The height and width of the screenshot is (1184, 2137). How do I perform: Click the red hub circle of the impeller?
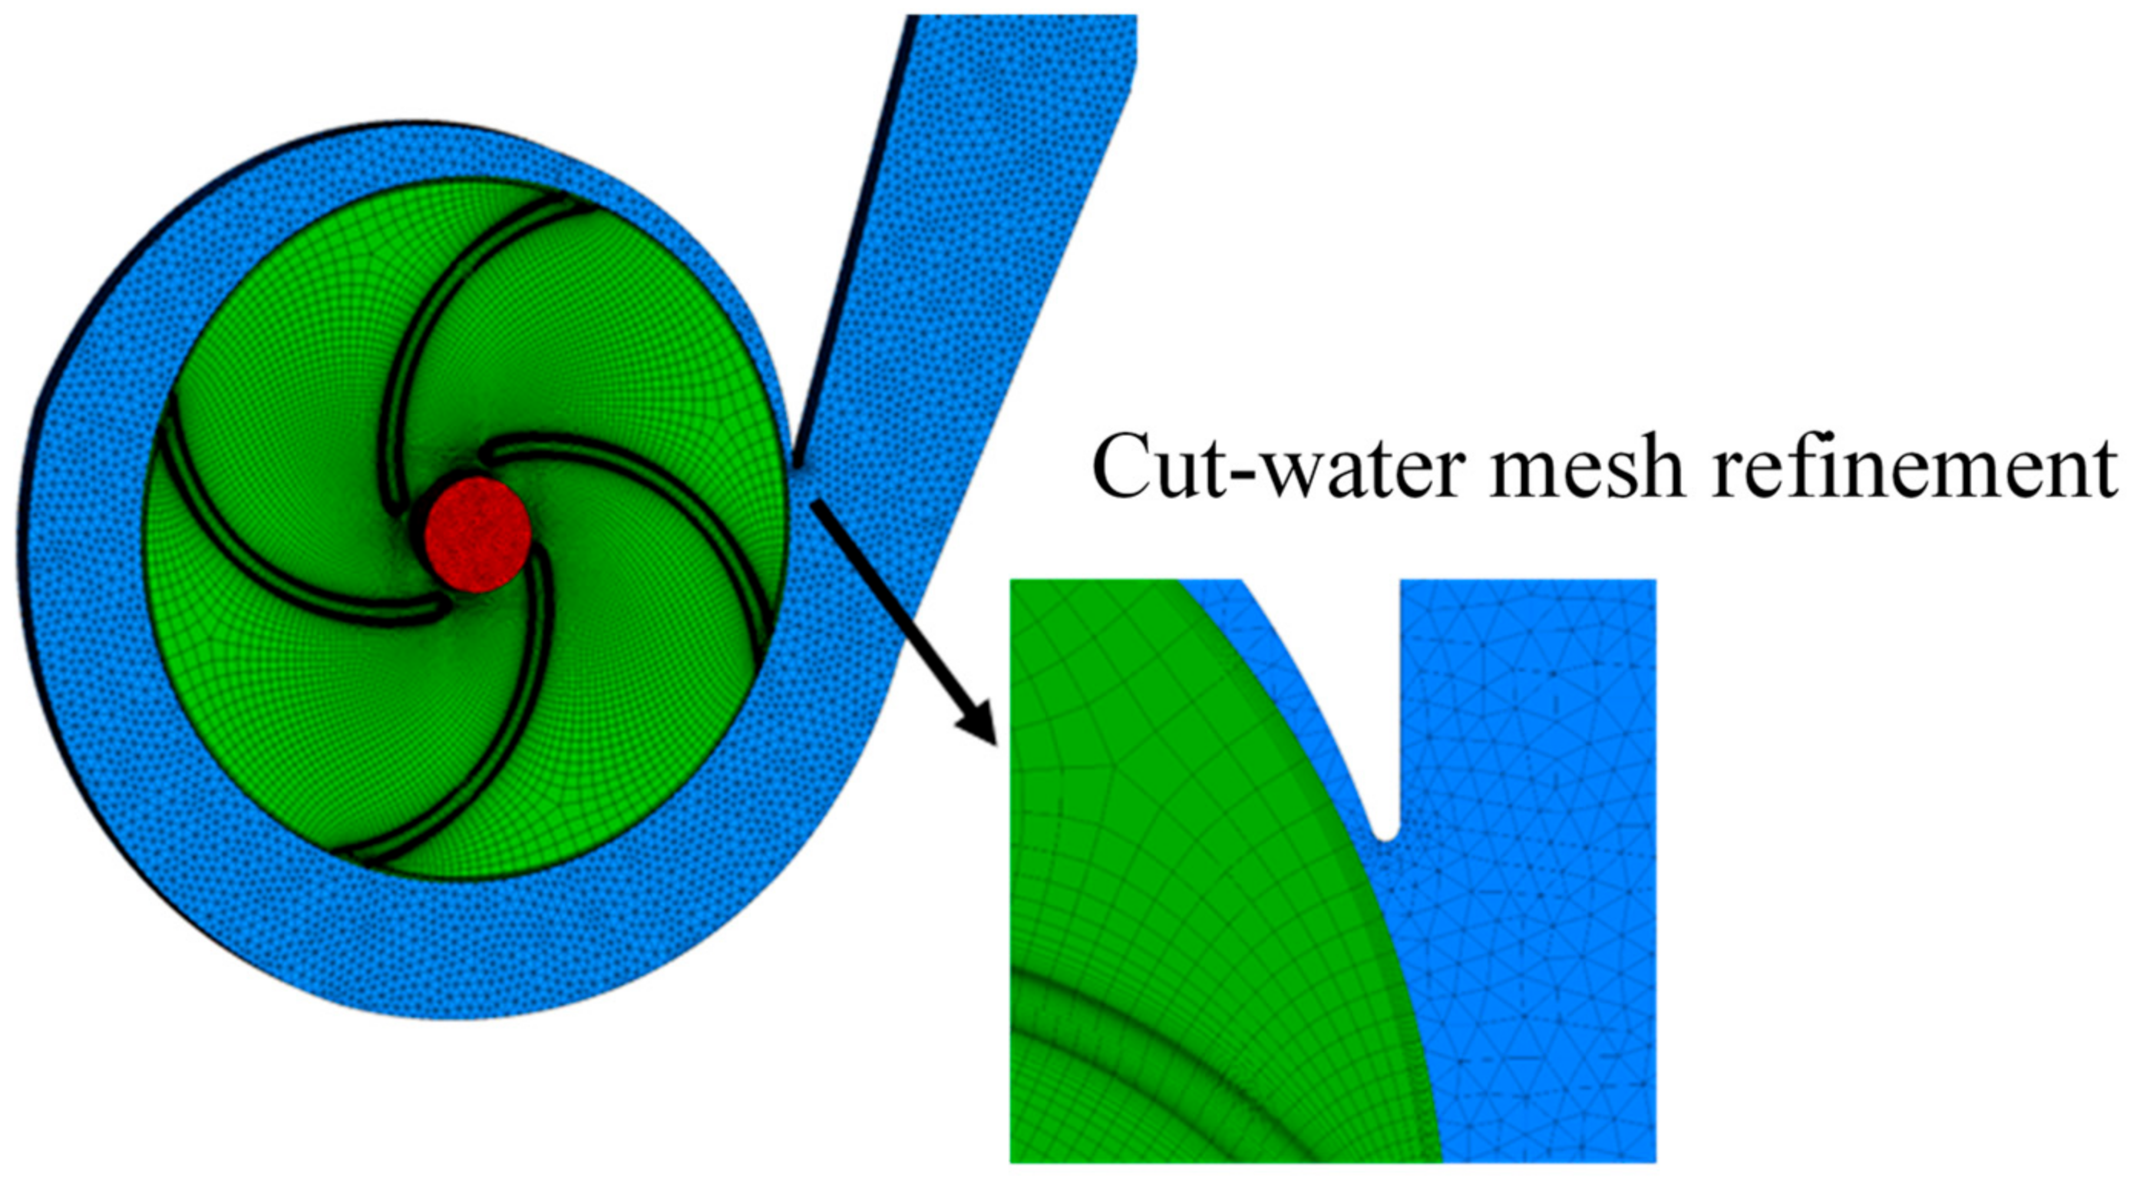pos(477,534)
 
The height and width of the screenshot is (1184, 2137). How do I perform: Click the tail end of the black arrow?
pos(817,504)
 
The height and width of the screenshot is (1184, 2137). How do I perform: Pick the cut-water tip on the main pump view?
pos(794,466)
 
